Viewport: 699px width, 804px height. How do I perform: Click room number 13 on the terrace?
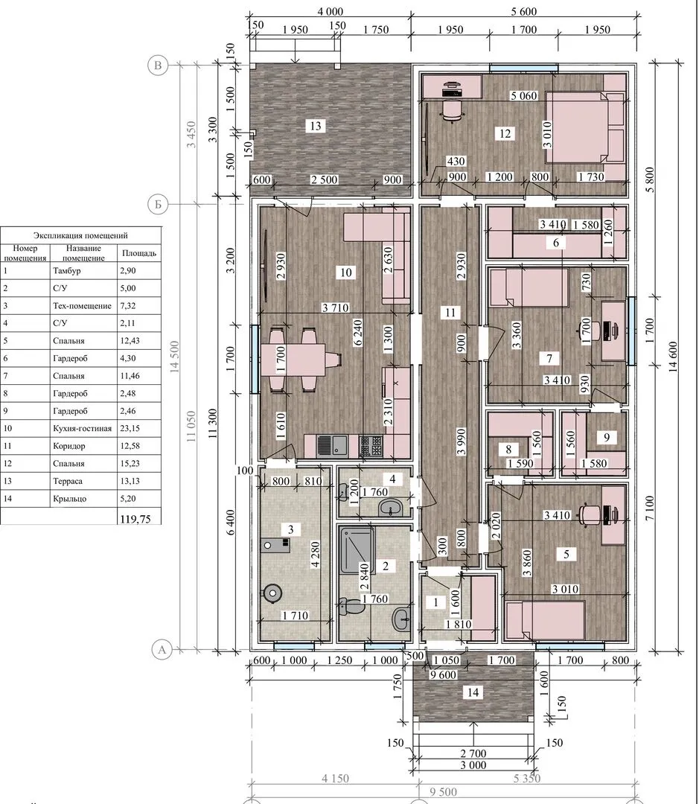pos(316,126)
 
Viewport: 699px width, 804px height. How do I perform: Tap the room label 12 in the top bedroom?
pos(505,134)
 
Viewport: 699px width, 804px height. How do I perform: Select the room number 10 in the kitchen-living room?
pos(346,272)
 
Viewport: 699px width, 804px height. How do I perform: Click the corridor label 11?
pos(450,312)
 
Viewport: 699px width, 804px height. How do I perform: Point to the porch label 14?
pos(472,693)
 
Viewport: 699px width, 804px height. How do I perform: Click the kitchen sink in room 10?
pos(331,445)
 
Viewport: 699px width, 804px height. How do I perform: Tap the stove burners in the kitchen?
pos(370,445)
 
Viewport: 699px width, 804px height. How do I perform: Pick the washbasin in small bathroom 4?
pos(391,508)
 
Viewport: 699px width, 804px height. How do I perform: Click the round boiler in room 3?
pos(272,594)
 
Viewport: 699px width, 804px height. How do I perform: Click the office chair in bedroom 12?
pos(452,110)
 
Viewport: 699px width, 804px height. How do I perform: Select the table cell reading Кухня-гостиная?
pos(82,428)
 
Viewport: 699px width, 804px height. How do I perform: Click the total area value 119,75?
pos(135,519)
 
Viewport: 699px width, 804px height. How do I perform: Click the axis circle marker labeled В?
pos(158,65)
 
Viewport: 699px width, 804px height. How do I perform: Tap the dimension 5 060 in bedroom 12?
pos(523,95)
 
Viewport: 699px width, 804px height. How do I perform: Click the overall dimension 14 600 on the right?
pos(673,357)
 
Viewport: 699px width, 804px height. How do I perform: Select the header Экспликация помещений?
pos(80,235)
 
